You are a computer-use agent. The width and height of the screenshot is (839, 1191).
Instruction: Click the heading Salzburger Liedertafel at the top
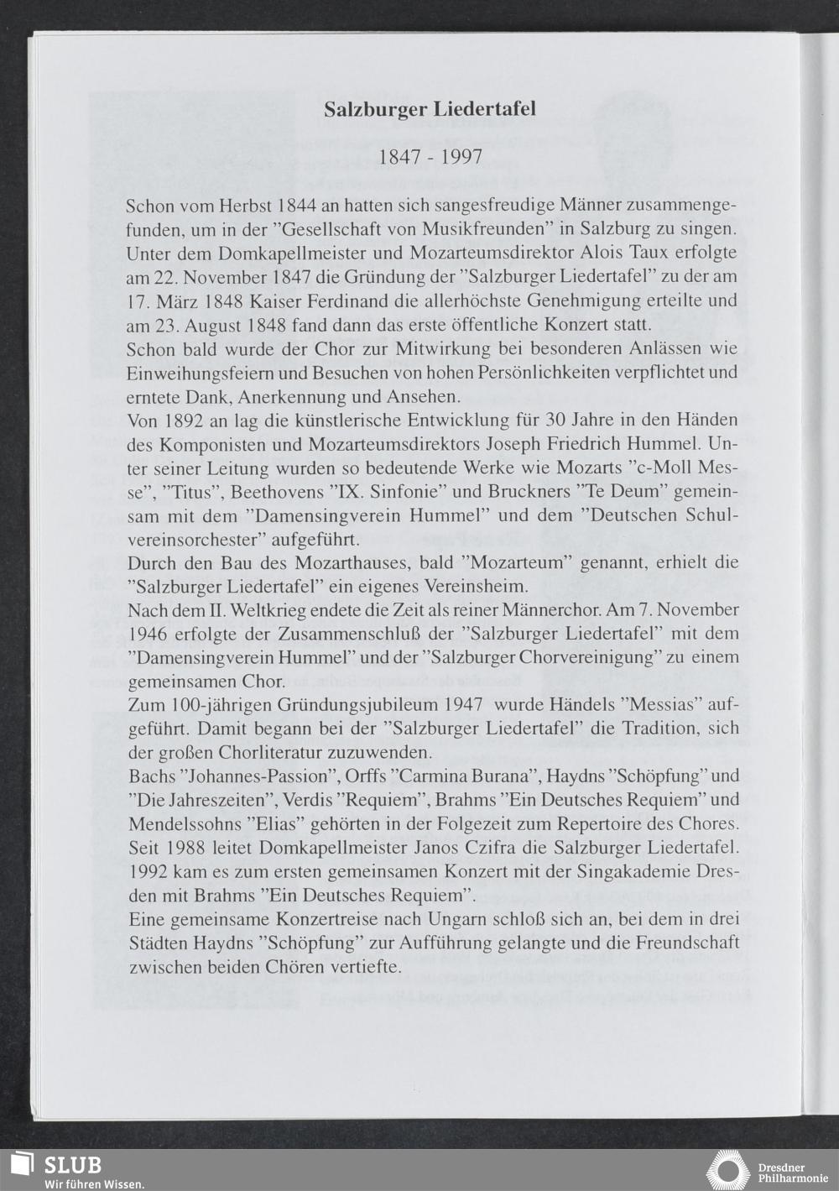click(x=430, y=110)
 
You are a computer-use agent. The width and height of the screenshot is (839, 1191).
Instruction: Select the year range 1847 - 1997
click(x=430, y=157)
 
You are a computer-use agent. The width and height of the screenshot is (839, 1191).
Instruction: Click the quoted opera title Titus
click(x=192, y=490)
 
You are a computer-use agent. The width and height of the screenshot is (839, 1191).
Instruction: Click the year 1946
click(x=149, y=633)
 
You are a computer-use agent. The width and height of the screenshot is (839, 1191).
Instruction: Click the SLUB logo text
click(x=72, y=1164)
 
